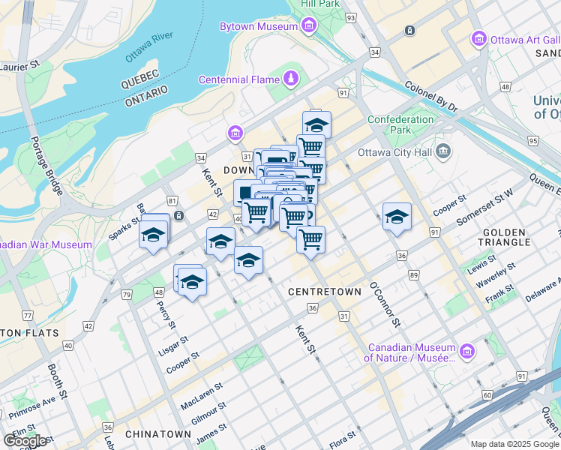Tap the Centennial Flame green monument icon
point(290,79)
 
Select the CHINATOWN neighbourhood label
point(158,434)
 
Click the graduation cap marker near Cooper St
point(397,217)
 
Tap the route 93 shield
point(350,16)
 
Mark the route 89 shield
point(414,276)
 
